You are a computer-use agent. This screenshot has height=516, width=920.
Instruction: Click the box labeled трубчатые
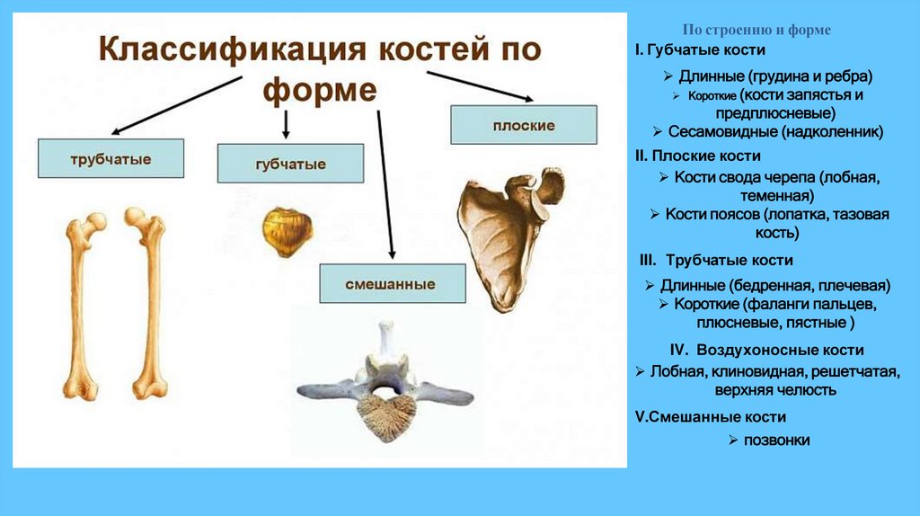(111, 158)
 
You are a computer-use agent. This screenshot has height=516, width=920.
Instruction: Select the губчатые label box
(290, 164)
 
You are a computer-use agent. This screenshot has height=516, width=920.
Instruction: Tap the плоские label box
(524, 125)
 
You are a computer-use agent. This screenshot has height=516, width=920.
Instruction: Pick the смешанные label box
(392, 283)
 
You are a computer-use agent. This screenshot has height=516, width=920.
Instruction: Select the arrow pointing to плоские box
(481, 86)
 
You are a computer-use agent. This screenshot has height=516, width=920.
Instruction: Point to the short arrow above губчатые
(286, 123)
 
